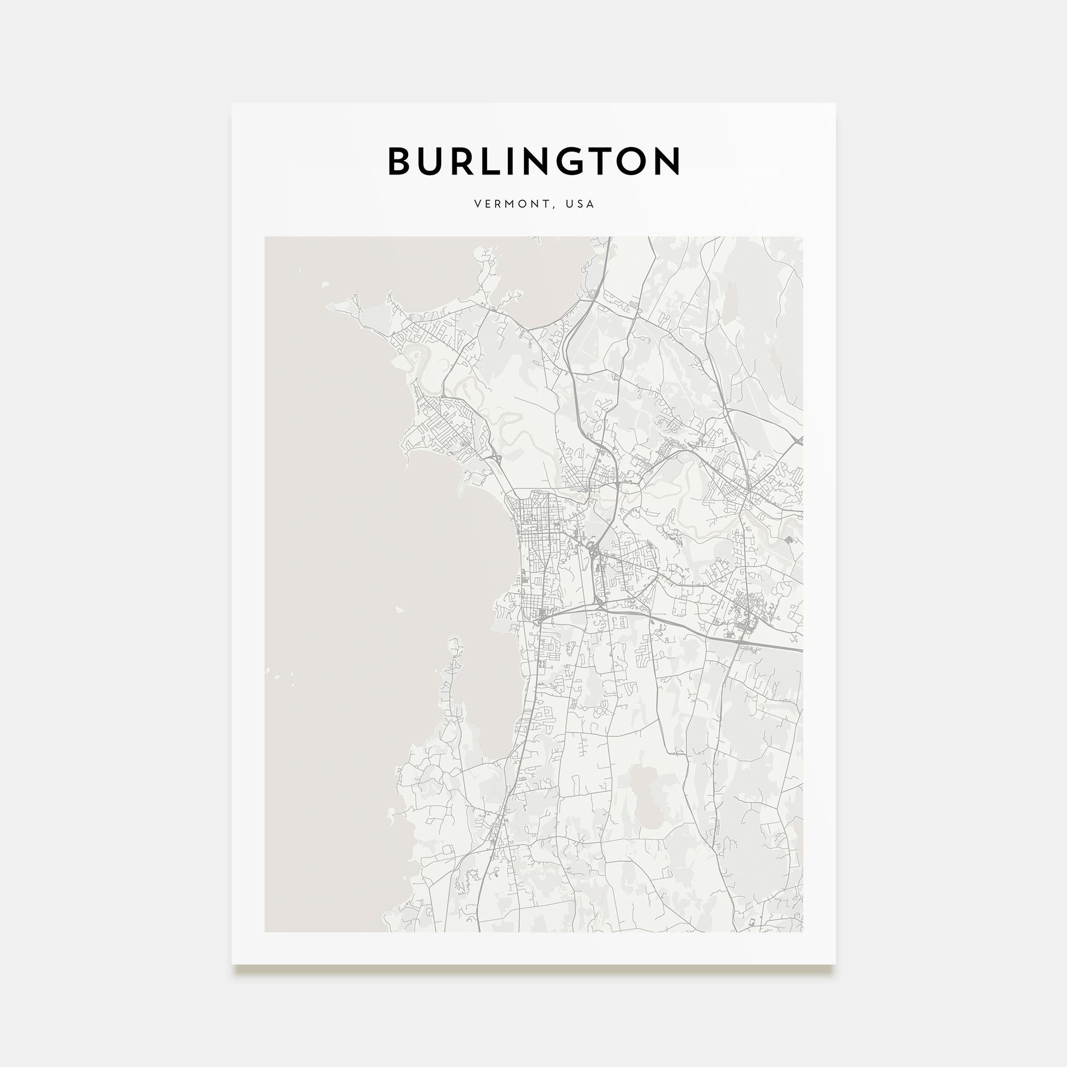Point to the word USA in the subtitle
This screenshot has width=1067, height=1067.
[580, 204]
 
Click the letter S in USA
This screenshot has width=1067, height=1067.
[580, 204]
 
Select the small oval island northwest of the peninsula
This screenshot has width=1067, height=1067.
[324, 285]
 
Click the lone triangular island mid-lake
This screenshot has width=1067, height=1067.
[399, 610]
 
